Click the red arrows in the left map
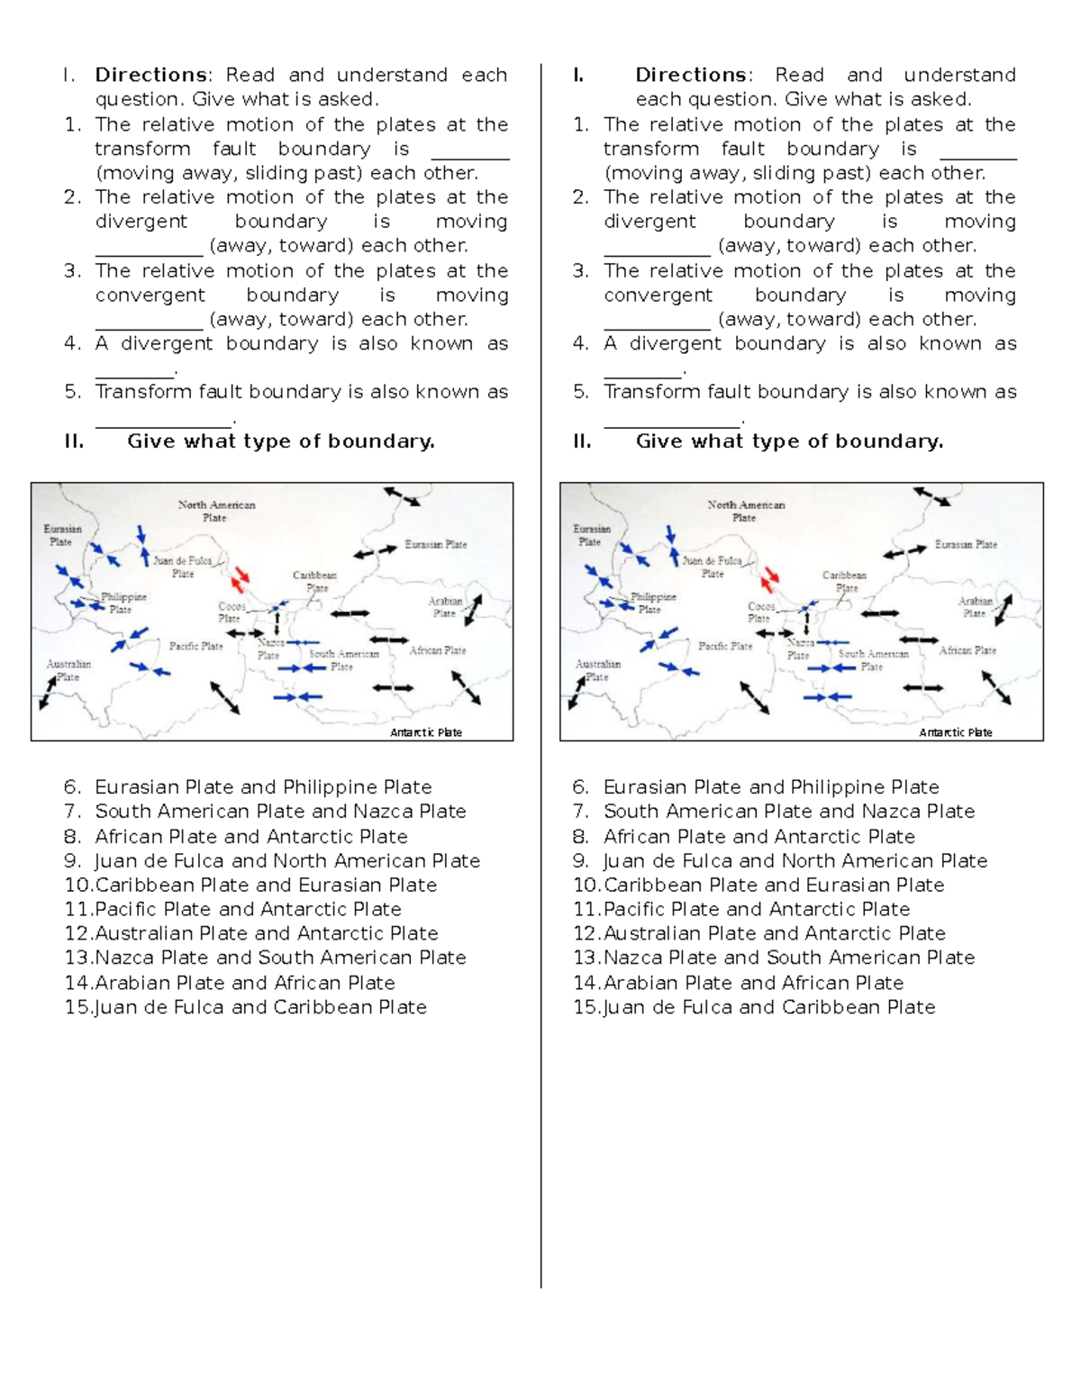point(241,577)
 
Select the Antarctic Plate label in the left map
point(425,732)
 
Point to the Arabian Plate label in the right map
point(975,607)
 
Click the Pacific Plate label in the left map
point(195,646)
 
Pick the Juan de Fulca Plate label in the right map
point(712,567)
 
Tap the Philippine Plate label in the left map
point(123,603)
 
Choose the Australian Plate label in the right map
point(597,670)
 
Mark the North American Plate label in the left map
point(215,511)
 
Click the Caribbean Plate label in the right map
point(844,581)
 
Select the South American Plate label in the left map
point(343,660)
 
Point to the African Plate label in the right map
point(967,650)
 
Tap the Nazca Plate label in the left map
point(269,649)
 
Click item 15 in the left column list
point(246,1007)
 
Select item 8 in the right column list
point(744,836)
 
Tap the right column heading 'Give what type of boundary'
point(789,441)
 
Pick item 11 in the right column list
point(741,909)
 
